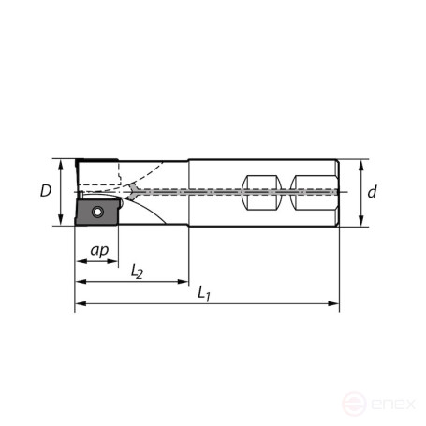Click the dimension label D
45,191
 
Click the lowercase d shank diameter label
372,192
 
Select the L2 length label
137,272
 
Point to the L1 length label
204,293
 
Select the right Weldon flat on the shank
307,193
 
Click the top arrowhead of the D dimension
61,164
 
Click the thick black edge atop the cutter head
96,160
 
